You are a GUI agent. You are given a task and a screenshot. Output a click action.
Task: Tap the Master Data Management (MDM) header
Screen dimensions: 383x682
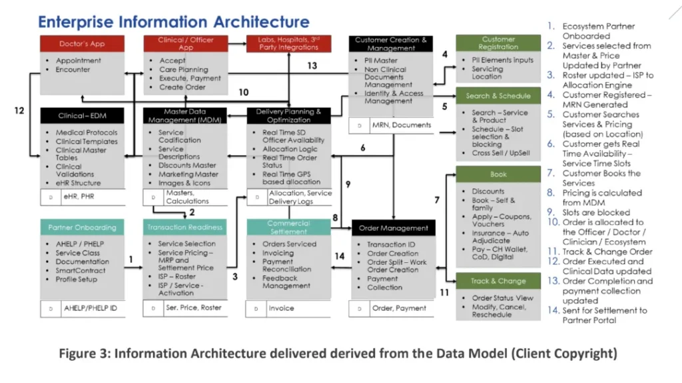185,115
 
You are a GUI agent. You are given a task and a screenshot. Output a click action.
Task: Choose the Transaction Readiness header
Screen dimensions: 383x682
185,228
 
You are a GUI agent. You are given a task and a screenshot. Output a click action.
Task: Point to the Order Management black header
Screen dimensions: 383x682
392,228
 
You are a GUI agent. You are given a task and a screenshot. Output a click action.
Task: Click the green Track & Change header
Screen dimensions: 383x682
498,281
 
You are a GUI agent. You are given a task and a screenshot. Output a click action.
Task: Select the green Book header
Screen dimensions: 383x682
498,174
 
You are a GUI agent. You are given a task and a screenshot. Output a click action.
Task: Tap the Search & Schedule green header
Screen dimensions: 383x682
498,96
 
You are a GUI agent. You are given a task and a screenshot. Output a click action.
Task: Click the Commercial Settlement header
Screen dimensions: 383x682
288,228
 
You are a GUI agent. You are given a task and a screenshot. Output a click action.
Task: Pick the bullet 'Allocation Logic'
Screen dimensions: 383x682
290,149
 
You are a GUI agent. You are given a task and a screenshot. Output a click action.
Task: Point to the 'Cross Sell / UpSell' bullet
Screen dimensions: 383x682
501,153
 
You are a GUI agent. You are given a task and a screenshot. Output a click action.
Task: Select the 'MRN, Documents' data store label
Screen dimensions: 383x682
400,125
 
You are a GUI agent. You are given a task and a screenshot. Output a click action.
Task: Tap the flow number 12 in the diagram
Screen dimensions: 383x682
19,111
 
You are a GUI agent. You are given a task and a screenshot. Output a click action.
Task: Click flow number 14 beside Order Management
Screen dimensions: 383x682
340,256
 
